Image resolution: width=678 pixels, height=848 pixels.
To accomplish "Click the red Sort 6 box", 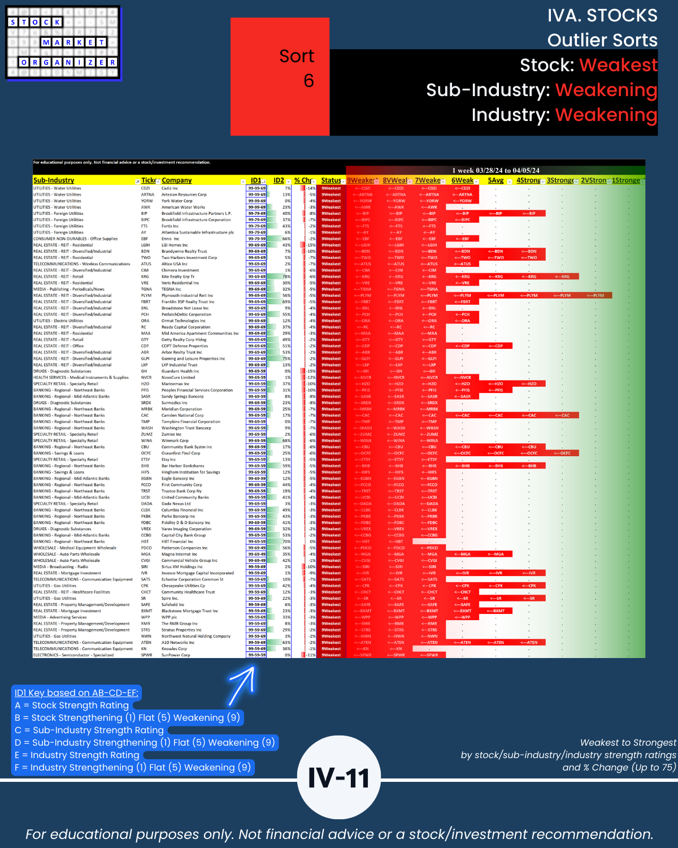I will point(280,76).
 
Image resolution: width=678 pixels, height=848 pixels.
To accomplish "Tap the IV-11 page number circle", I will point(338,777).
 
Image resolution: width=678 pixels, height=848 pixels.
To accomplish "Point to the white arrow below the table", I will point(243,686).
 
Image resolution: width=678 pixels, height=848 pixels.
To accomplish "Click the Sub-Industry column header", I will point(54,180).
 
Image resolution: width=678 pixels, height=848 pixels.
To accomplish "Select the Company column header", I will point(177,180).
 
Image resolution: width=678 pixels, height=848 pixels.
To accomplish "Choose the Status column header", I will point(331,180).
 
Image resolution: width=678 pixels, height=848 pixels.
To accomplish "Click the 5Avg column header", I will point(496,180).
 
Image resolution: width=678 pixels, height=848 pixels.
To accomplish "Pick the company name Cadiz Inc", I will point(169,188).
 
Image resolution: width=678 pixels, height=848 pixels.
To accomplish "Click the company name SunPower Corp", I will point(176,655).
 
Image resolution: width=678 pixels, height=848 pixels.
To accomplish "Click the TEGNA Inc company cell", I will point(171,289).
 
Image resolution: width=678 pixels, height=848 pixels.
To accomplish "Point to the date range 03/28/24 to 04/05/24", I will point(496,170).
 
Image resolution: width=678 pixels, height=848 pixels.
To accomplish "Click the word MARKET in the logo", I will point(73,42).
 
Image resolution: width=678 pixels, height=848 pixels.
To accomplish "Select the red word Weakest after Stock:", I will point(618,65).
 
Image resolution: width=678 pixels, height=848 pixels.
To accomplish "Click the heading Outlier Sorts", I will point(602,40).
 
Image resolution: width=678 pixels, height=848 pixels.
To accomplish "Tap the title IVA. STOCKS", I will point(602,15).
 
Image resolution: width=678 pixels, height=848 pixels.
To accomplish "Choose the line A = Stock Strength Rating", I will point(72,705).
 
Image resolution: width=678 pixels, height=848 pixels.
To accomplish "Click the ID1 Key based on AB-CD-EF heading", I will point(76,693).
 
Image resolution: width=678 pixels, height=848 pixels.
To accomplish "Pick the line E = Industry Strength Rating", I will point(77,755).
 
